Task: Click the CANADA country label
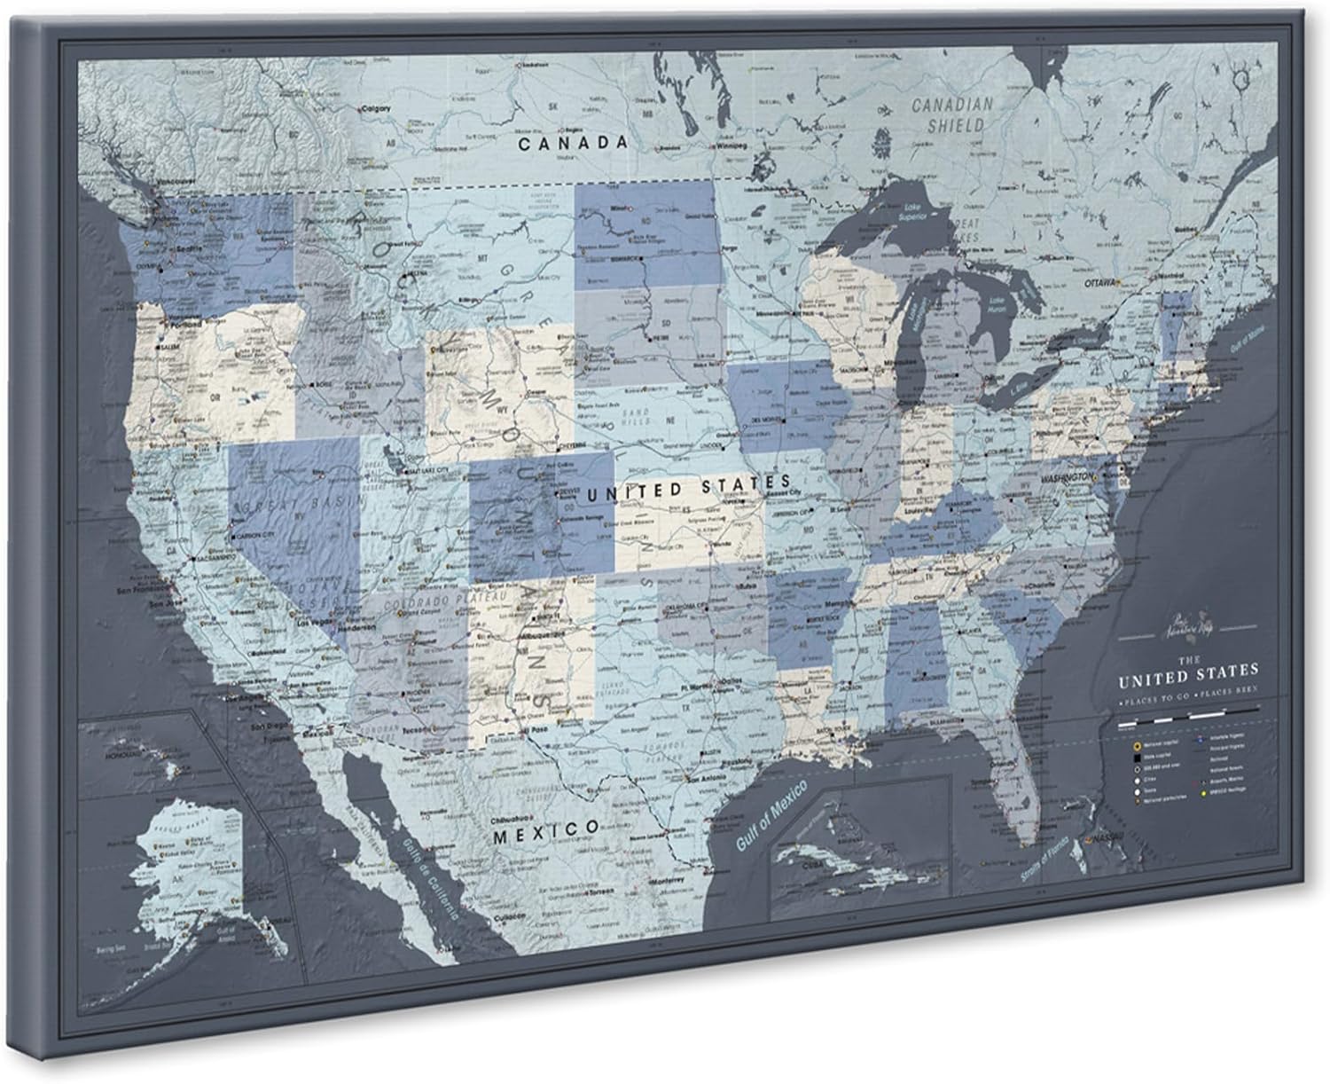[573, 142]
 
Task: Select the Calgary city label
[376, 108]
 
